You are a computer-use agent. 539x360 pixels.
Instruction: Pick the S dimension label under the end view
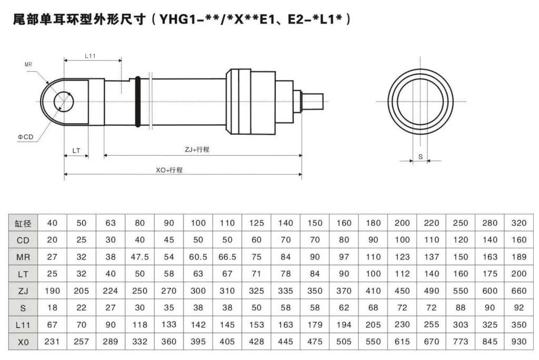click(x=420, y=156)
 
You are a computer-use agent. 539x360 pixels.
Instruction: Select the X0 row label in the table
click(x=23, y=342)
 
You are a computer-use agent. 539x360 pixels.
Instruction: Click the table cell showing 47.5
click(x=139, y=258)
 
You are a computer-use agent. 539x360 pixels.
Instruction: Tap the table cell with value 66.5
click(x=227, y=258)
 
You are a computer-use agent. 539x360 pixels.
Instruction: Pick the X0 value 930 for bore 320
click(x=518, y=342)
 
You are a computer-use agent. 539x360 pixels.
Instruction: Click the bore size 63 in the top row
click(x=110, y=223)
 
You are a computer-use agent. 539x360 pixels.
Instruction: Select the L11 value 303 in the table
click(x=460, y=325)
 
